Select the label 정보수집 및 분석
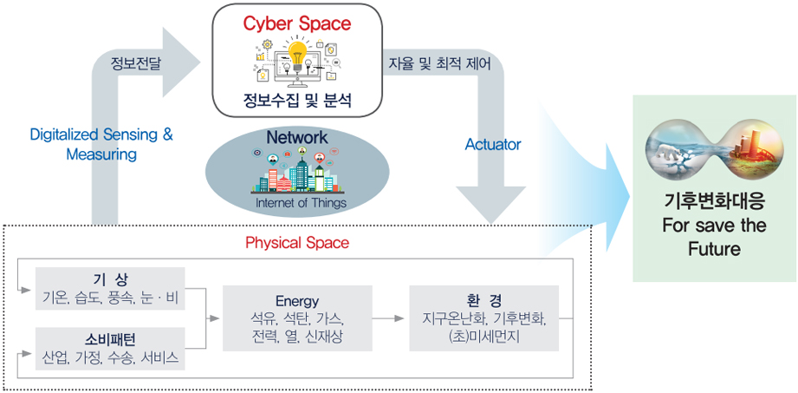(x=297, y=101)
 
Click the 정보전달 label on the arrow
(x=135, y=62)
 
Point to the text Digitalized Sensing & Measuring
(x=101, y=145)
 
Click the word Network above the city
(x=297, y=137)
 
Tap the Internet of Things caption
(x=301, y=203)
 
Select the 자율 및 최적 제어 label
(x=441, y=62)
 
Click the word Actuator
(x=493, y=145)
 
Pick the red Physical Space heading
(x=297, y=243)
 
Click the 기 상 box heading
(x=110, y=279)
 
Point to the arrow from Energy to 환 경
(x=391, y=318)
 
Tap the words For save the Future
(x=714, y=238)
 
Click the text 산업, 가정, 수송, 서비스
(x=110, y=357)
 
